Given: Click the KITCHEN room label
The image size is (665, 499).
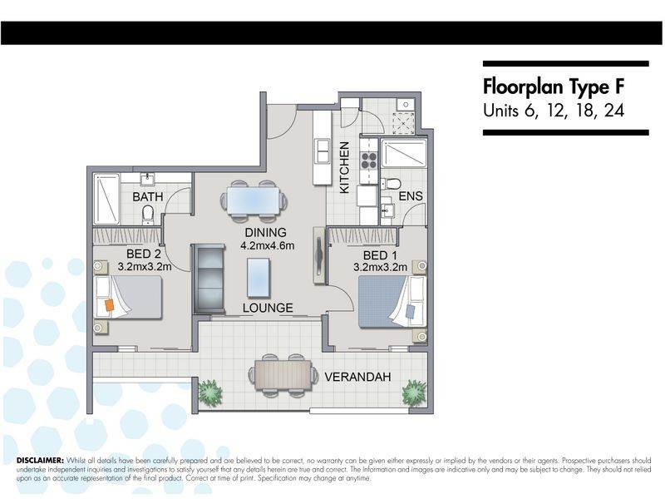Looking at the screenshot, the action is click(344, 167).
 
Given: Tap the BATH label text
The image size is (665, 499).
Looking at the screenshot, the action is click(148, 197).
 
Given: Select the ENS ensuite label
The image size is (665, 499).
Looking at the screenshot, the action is click(411, 196).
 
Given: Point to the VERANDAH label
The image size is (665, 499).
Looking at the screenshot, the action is click(357, 377).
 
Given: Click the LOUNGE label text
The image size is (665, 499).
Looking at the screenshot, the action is click(268, 308).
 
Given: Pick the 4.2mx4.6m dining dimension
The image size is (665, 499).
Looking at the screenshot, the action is click(267, 245).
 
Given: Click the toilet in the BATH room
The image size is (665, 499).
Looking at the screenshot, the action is click(148, 213).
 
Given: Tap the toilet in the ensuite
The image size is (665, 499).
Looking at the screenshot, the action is click(392, 184).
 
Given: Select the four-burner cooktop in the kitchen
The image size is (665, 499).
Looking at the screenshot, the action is click(368, 161).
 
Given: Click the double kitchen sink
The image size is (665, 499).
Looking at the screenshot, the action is click(323, 151).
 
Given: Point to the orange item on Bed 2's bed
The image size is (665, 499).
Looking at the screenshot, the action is click(110, 305).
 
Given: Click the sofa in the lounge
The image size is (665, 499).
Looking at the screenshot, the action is click(209, 279).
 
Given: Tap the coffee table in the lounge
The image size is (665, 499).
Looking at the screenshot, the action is click(259, 278).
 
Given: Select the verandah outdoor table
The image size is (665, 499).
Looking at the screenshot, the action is click(283, 375).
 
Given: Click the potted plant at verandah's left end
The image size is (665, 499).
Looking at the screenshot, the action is click(210, 393).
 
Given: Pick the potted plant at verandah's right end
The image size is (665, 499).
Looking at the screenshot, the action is click(414, 393).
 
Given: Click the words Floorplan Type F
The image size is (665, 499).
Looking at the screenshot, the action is click(554, 87).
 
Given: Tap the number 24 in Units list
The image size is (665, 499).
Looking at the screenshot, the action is click(614, 111).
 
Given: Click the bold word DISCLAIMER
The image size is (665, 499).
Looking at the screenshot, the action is click(40, 461).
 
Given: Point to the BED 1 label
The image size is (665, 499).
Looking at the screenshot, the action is click(381, 255).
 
